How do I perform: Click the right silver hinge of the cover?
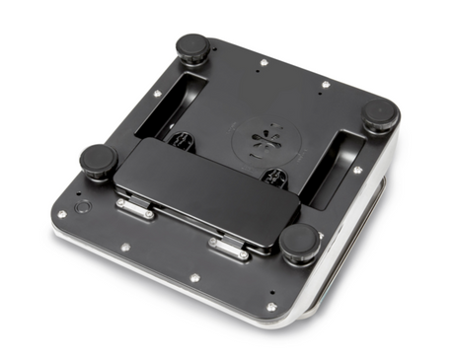[229, 249]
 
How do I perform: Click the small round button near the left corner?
[83, 209]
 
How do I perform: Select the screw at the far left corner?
[62, 213]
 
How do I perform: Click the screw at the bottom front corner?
[271, 307]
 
